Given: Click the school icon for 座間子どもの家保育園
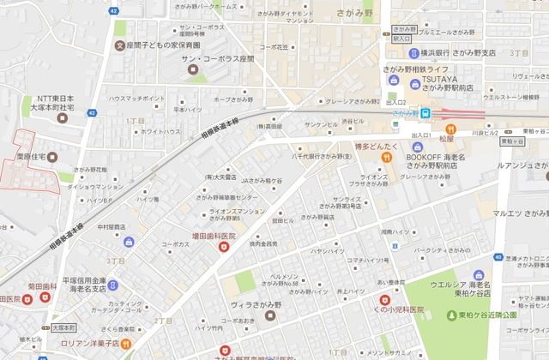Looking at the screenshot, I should (x=120, y=45).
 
